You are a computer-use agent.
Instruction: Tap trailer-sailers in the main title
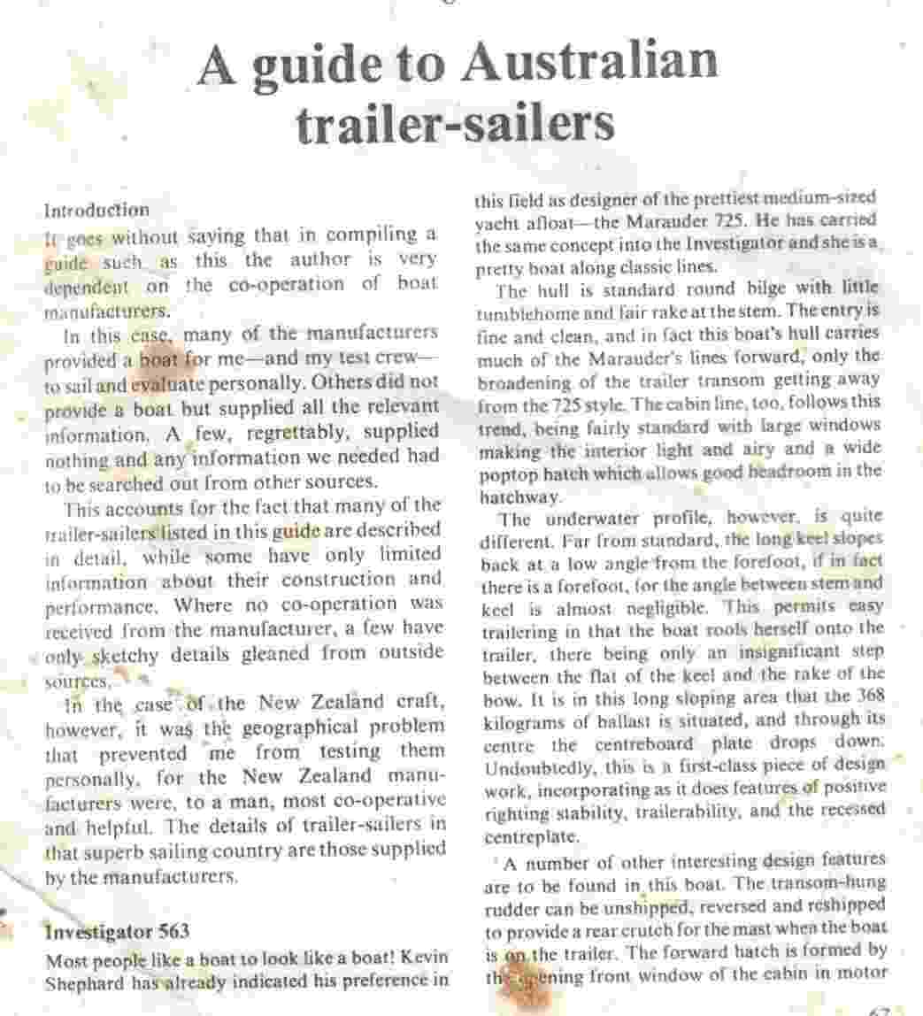click(455, 124)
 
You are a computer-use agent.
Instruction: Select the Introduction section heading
click(97, 211)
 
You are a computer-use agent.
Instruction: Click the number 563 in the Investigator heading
click(165, 932)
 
